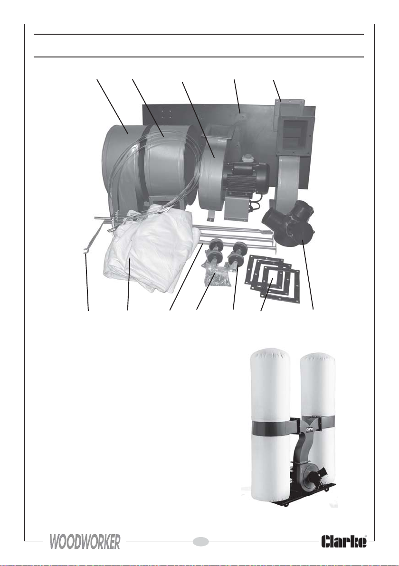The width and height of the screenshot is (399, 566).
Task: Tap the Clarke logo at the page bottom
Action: click(x=344, y=541)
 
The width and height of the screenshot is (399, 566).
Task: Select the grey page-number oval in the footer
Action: click(x=201, y=541)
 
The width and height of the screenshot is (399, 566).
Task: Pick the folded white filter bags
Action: click(x=148, y=249)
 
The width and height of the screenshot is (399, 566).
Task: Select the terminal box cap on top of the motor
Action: click(x=247, y=159)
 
